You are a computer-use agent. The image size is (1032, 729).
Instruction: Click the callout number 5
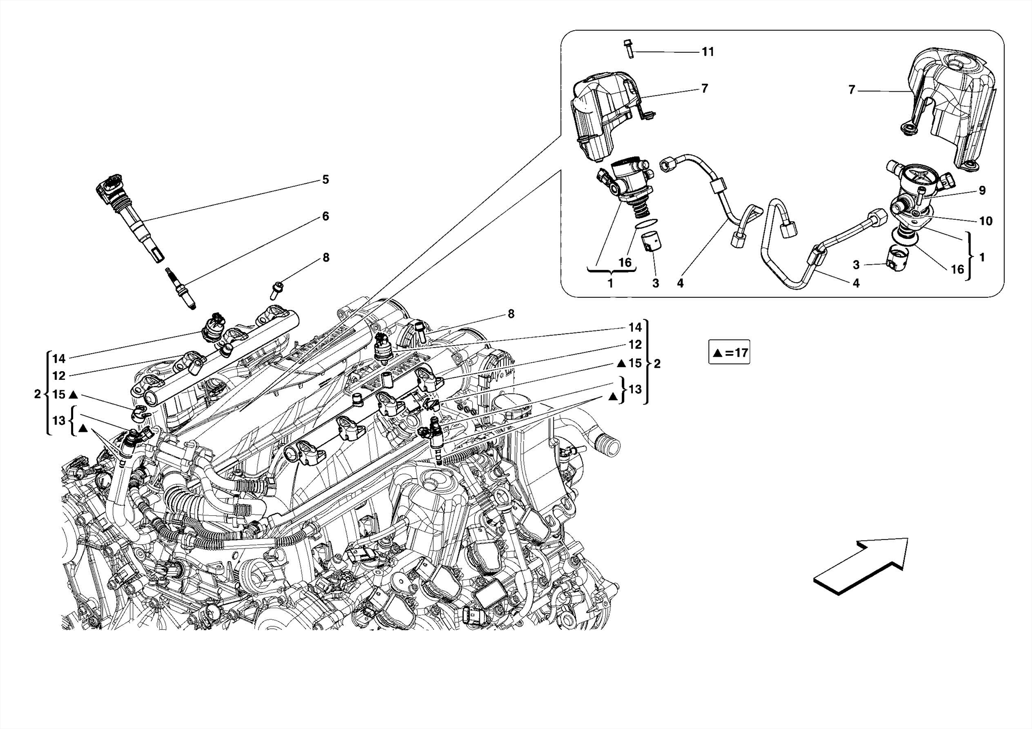click(326, 180)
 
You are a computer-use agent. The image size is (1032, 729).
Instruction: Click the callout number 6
click(326, 216)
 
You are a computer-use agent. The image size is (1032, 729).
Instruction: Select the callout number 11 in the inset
click(707, 52)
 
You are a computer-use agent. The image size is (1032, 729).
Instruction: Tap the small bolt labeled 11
click(628, 48)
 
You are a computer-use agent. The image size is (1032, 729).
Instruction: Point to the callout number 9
click(982, 190)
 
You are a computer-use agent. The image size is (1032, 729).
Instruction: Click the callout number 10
click(985, 221)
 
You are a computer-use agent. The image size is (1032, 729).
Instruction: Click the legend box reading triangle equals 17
click(729, 353)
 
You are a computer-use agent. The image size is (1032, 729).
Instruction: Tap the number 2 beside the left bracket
click(37, 394)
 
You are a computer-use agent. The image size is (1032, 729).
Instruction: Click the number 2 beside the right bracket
click(657, 364)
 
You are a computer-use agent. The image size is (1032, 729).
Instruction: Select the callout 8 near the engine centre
click(511, 314)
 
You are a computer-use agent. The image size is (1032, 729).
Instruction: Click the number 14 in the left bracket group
click(59, 359)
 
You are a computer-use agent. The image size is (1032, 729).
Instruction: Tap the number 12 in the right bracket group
click(635, 345)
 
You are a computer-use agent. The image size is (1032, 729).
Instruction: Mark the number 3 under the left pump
click(655, 283)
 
